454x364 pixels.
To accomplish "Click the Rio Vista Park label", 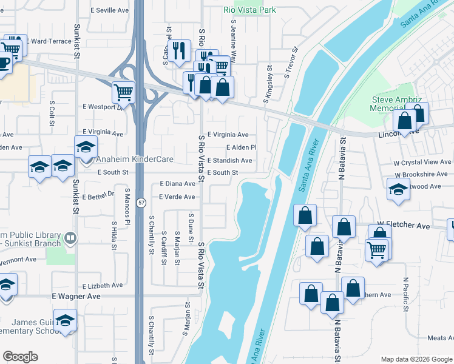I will tap(249, 10).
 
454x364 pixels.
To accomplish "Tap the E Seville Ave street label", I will tap(109, 11).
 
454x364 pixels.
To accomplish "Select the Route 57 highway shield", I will tap(140, 203).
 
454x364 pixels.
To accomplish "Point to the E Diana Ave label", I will tap(177, 183).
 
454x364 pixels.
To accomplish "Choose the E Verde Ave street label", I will tap(177, 197).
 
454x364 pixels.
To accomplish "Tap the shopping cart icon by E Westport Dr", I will tap(123, 93).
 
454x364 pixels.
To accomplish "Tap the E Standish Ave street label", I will tap(229, 161).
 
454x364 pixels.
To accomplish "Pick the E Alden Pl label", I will tap(242, 147).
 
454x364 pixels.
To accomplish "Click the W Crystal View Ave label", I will tap(422, 162).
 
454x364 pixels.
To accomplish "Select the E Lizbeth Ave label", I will tap(103, 285).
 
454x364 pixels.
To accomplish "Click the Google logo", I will tap(20, 357).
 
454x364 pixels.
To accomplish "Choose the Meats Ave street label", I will tap(440, 338).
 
